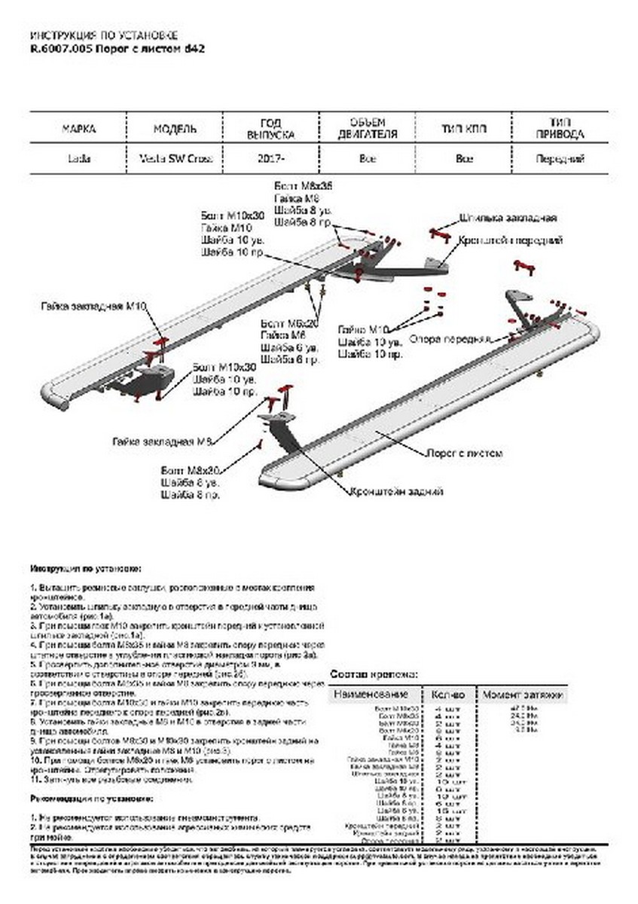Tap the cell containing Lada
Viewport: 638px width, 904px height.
click(x=78, y=159)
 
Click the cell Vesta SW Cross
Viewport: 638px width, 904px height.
click(x=176, y=159)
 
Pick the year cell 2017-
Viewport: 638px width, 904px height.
click(x=271, y=159)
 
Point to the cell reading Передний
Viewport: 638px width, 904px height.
click(x=560, y=159)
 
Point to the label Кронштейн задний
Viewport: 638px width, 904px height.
click(x=395, y=491)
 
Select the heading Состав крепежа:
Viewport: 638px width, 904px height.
click(x=374, y=674)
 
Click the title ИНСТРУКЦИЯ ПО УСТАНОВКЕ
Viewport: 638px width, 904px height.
click(x=104, y=35)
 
